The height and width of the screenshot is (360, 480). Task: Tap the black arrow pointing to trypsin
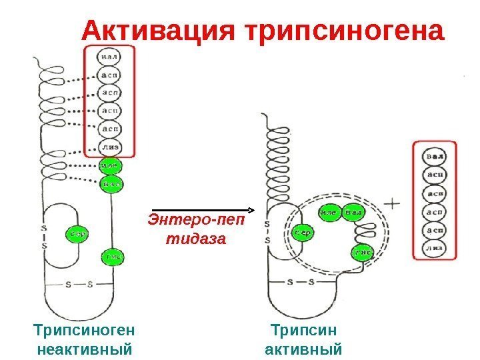pos(200,209)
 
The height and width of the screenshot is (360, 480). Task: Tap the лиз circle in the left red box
pos(109,146)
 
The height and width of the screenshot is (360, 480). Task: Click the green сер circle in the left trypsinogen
pos(77,234)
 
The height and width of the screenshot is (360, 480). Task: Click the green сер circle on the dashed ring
pos(302,233)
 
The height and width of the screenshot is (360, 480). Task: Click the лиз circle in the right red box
pos(435,247)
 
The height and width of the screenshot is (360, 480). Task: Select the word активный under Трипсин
pos(303,349)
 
